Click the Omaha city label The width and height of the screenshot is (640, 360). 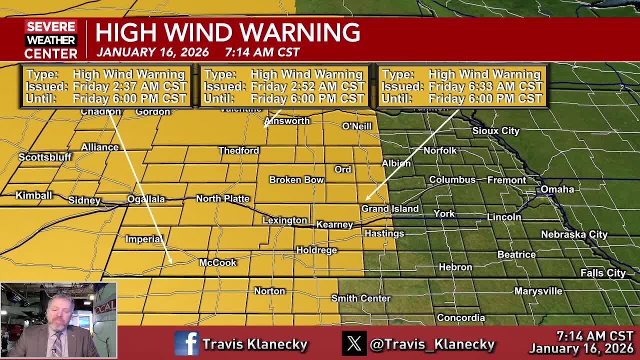pyautogui.click(x=557, y=189)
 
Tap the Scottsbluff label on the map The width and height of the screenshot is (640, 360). pyautogui.click(x=45, y=157)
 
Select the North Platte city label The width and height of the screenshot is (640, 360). pyautogui.click(x=222, y=198)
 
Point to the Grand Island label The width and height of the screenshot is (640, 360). pyautogui.click(x=390, y=208)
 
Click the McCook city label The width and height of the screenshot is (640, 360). pyautogui.click(x=217, y=262)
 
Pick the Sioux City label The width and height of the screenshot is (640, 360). pyautogui.click(x=495, y=130)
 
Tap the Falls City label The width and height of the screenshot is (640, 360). pyautogui.click(x=602, y=273)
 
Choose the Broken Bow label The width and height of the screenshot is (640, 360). pyautogui.click(x=296, y=179)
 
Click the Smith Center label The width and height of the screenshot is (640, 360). pyautogui.click(x=360, y=298)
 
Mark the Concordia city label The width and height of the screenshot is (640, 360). pyautogui.click(x=460, y=317)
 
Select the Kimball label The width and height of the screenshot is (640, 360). pyautogui.click(x=33, y=195)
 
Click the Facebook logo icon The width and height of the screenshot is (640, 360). pyautogui.click(x=186, y=343)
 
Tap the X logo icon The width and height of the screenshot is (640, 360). pyautogui.click(x=354, y=343)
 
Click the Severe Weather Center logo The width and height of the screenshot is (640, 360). pyautogui.click(x=51, y=39)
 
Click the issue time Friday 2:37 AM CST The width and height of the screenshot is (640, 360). pyautogui.click(x=129, y=86)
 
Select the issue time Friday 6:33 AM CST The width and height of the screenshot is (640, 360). pyautogui.click(x=485, y=86)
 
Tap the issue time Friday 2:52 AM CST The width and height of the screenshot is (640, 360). pyautogui.click(x=307, y=86)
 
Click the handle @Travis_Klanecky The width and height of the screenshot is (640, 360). pyautogui.click(x=432, y=344)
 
